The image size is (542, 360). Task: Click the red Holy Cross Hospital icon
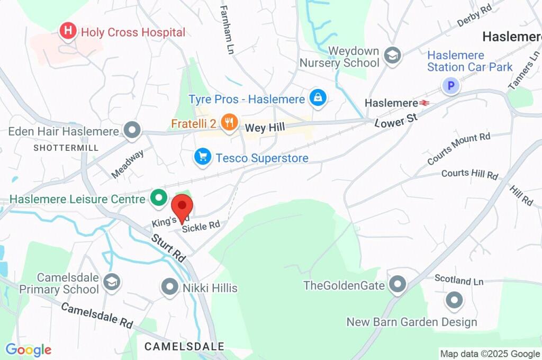pos(68,32)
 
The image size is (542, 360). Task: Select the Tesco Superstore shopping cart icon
pos(202,157)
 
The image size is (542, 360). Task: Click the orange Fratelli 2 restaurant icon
pos(229,123)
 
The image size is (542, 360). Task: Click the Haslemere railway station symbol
pos(424,103)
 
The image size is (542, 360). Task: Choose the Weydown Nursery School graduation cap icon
pos(393,55)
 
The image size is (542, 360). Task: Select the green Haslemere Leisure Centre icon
pos(157,199)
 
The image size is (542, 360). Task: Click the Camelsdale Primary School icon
pos(111,282)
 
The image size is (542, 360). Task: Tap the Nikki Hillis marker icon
pos(170,287)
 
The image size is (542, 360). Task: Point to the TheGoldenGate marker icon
pos(397,285)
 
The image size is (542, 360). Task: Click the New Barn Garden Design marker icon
pos(454,301)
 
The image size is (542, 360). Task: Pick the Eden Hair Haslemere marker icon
pos(131,130)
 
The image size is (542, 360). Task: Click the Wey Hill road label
pos(265,127)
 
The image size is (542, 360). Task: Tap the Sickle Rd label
pos(201,226)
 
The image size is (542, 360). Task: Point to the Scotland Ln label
pos(459,280)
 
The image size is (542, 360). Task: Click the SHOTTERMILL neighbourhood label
pos(66,148)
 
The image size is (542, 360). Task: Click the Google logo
pos(28,350)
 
